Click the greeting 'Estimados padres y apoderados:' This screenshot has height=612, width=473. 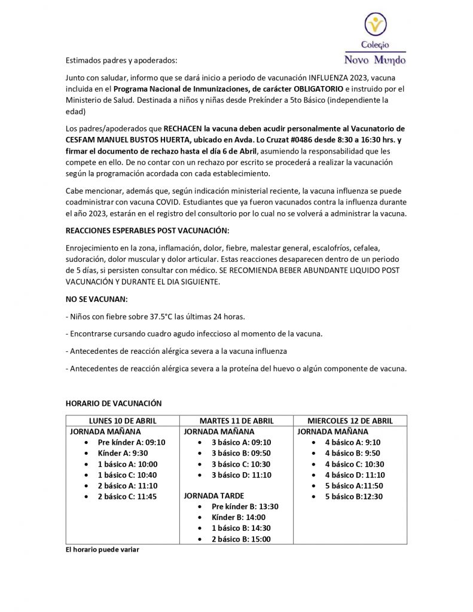tap(122, 60)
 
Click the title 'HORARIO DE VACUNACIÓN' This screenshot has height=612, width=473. tap(113, 403)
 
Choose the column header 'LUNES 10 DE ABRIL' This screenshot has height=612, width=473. tap(122, 421)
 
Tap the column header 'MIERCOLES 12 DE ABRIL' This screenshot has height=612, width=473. tap(350, 421)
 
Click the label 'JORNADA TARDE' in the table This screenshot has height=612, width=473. tap(213, 495)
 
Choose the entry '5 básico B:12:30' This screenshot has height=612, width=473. tap(353, 497)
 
